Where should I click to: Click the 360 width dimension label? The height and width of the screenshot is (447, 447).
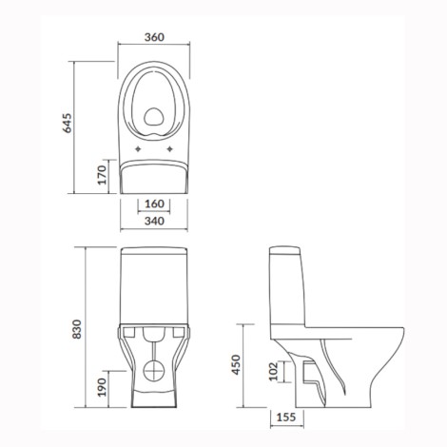pyautogui.click(x=154, y=37)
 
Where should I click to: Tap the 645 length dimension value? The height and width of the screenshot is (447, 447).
pyautogui.click(x=68, y=123)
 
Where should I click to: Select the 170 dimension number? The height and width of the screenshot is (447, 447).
pyautogui.click(x=102, y=175)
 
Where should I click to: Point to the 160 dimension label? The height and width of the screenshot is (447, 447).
pyautogui.click(x=154, y=204)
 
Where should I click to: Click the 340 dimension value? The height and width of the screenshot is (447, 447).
pyautogui.click(x=154, y=221)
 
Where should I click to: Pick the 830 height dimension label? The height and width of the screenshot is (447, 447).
pyautogui.click(x=77, y=329)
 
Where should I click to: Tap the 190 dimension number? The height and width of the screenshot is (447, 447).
pyautogui.click(x=102, y=387)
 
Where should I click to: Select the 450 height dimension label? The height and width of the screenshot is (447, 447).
pyautogui.click(x=236, y=365)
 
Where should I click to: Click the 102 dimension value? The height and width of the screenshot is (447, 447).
pyautogui.click(x=273, y=371)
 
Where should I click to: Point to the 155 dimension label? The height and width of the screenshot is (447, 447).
pyautogui.click(x=286, y=418)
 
